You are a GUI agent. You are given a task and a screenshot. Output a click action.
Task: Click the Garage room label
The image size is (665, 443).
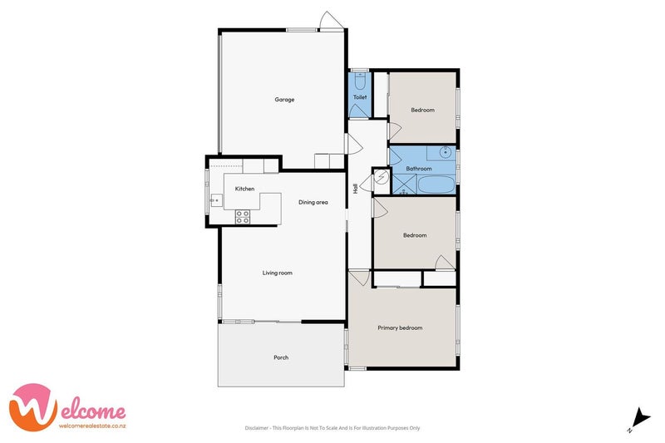285,100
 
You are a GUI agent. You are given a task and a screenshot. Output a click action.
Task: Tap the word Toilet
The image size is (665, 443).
359,97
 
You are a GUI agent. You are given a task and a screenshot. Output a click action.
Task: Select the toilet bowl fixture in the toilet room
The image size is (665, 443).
359,81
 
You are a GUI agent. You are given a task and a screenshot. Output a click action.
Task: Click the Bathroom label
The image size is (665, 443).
418,169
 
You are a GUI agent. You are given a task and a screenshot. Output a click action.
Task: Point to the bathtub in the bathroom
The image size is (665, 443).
434,185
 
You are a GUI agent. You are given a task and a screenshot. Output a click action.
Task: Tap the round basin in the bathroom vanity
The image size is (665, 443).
446,152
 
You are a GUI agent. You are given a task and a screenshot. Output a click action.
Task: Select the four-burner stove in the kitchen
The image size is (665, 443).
243,216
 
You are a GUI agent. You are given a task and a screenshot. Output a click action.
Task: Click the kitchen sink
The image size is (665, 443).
214,199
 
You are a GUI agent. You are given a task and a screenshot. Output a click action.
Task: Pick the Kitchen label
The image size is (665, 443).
244,190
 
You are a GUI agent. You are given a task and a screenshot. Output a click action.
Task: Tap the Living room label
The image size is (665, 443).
277,273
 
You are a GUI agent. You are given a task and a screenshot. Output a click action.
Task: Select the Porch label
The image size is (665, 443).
281,357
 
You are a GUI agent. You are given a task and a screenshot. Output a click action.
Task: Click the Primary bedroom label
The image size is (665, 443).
400,327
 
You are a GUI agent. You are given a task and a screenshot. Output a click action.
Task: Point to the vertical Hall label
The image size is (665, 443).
356,189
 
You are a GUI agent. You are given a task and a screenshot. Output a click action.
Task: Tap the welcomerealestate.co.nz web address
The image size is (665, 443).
92,426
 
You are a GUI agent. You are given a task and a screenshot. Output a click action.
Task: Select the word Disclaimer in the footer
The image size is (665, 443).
257,428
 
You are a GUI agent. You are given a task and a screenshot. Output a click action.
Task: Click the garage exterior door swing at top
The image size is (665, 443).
331,21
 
